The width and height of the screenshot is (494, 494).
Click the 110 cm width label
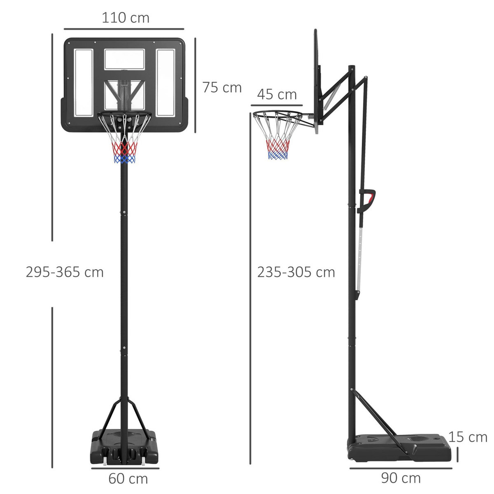125,18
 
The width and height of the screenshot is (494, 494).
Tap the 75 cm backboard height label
221,87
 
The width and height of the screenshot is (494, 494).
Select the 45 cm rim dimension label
277,94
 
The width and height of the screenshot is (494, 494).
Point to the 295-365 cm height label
65,272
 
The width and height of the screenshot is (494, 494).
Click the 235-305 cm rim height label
296,272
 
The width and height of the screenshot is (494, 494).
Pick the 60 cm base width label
128,479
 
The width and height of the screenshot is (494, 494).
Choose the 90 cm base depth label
401,478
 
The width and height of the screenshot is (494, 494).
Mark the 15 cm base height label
468,437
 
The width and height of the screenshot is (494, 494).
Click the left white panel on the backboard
84,82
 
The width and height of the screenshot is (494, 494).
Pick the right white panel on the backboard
165,82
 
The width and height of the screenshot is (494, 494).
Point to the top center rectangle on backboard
124,59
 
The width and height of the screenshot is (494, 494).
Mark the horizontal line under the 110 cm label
124,29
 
